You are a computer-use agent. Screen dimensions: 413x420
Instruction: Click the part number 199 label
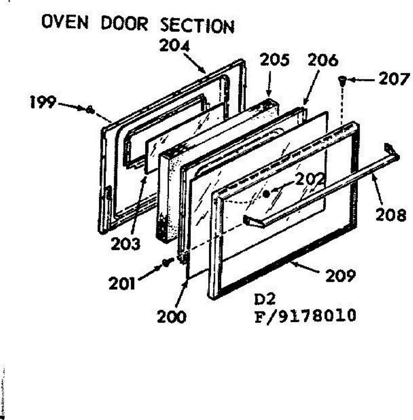43,102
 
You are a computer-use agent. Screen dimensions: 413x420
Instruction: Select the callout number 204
174,46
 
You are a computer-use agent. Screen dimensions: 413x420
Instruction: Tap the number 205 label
275,60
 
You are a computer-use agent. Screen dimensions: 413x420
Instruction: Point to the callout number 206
323,60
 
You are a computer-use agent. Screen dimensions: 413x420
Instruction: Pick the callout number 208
391,215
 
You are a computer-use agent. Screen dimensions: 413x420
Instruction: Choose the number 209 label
340,275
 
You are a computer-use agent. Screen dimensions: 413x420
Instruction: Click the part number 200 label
172,316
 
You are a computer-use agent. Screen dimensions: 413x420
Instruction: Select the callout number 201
122,284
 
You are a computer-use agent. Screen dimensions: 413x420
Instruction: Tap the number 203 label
125,244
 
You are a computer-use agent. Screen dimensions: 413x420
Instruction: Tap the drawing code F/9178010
305,315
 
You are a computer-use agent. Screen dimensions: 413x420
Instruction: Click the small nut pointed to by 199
90,110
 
